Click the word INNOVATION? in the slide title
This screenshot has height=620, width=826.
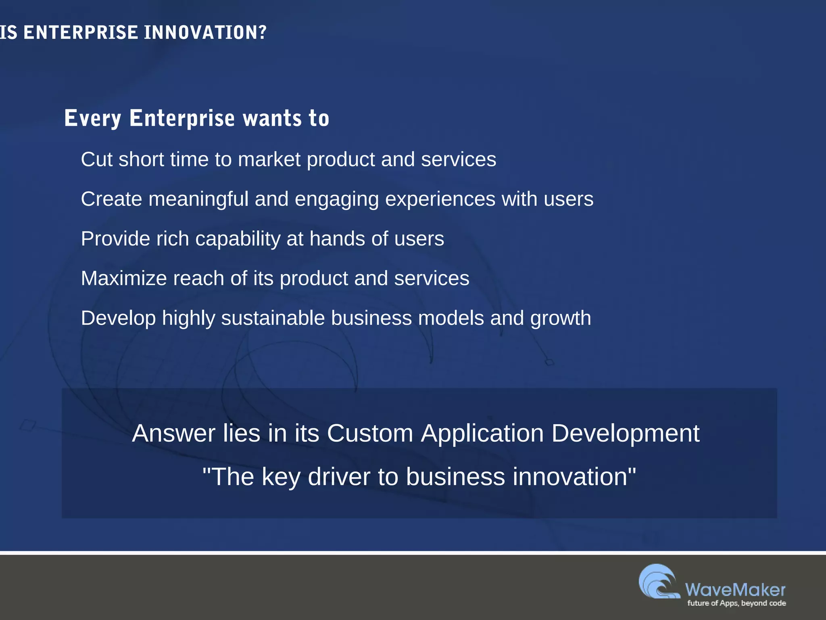(x=205, y=32)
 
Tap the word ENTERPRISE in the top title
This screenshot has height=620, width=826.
(x=81, y=32)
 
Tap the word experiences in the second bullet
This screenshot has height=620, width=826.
(x=440, y=199)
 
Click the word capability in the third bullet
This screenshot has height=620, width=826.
(x=238, y=239)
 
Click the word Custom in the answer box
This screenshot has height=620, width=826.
(x=370, y=434)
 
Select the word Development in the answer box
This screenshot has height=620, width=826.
(x=625, y=434)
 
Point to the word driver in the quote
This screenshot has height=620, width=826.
(x=339, y=477)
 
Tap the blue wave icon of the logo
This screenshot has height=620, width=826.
(x=659, y=581)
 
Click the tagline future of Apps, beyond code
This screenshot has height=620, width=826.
(x=736, y=603)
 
